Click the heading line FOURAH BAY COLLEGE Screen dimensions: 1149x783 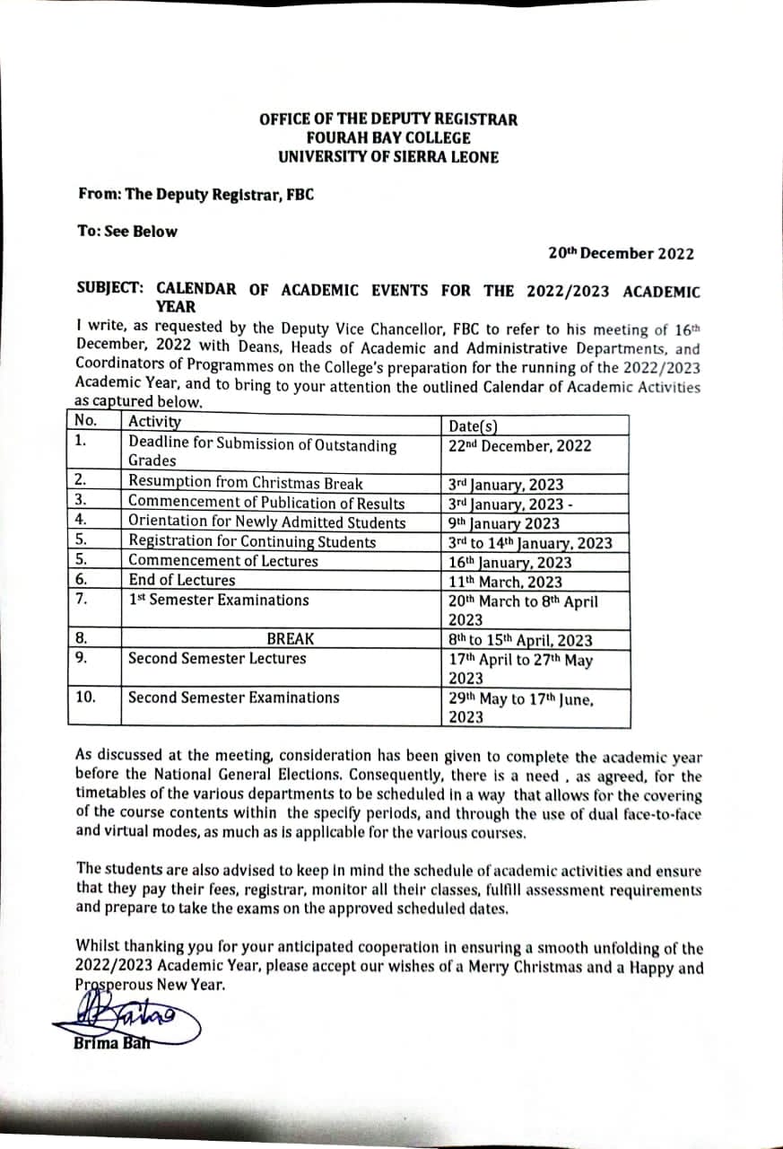(388, 138)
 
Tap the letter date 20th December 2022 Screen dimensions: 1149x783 (621, 254)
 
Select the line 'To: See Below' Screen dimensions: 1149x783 (127, 232)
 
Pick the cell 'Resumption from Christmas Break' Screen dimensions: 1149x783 (246, 482)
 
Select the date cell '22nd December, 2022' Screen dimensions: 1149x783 (519, 445)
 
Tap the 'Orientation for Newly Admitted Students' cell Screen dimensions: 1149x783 (267, 522)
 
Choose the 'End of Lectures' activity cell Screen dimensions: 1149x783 (182, 581)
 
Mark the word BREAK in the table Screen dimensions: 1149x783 (291, 639)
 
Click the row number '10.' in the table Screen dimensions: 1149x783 (85, 697)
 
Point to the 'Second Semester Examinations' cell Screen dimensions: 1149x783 (234, 697)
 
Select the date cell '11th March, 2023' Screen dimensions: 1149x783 (505, 582)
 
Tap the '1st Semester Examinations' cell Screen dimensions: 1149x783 (219, 601)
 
